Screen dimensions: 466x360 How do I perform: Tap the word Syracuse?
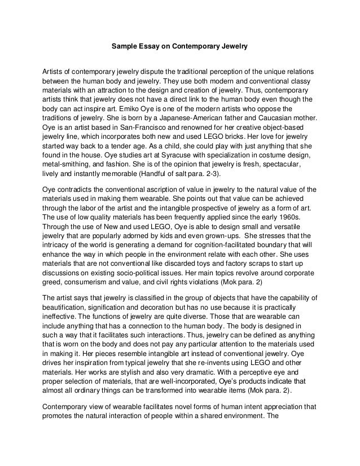(144, 162)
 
